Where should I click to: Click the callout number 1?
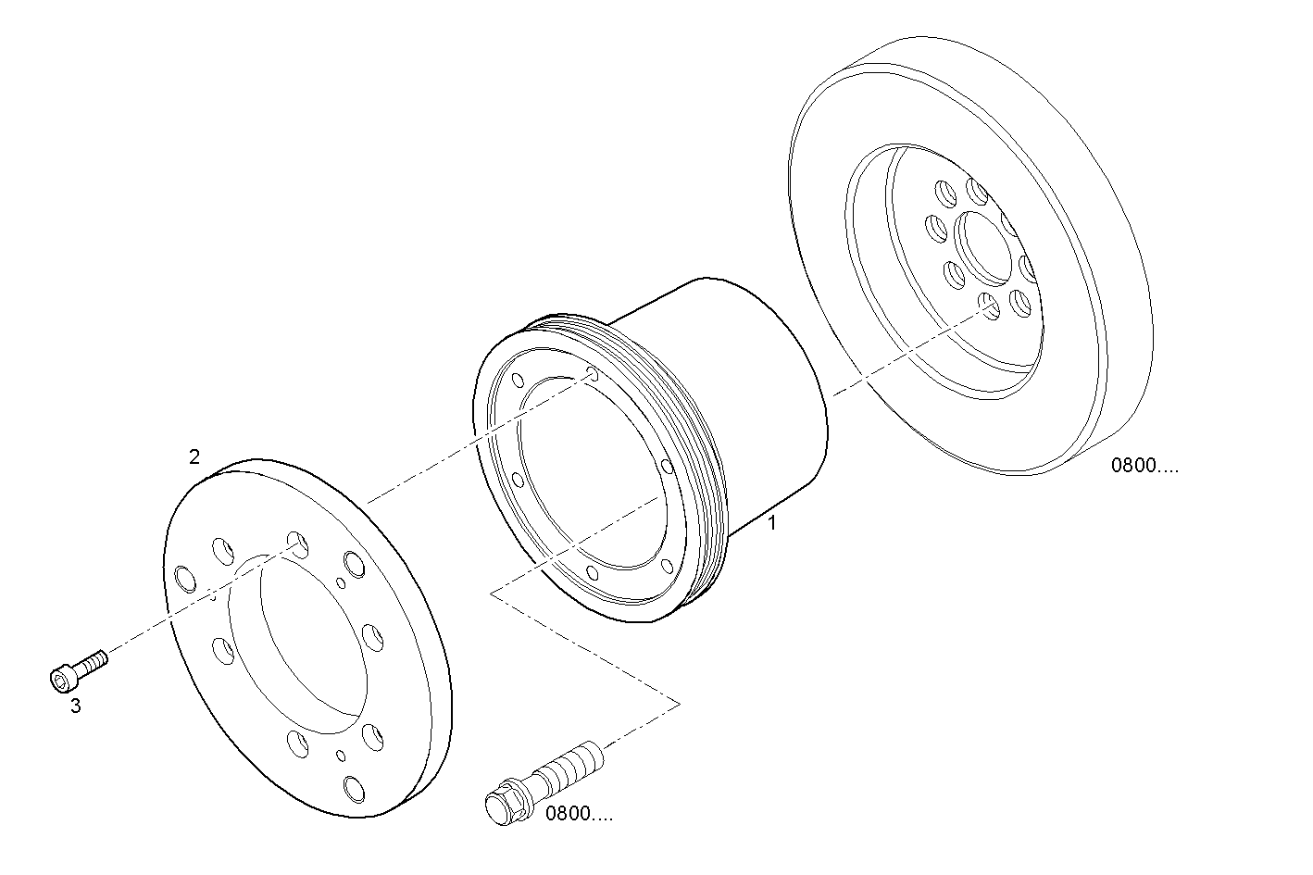tap(771, 523)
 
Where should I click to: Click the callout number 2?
tap(194, 456)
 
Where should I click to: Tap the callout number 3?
tap(75, 706)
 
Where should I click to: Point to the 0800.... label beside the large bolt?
tap(579, 815)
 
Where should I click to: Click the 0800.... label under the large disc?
tap(1144, 466)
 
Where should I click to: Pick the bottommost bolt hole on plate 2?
tap(353, 788)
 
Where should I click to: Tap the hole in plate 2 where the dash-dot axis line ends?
tap(297, 544)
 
